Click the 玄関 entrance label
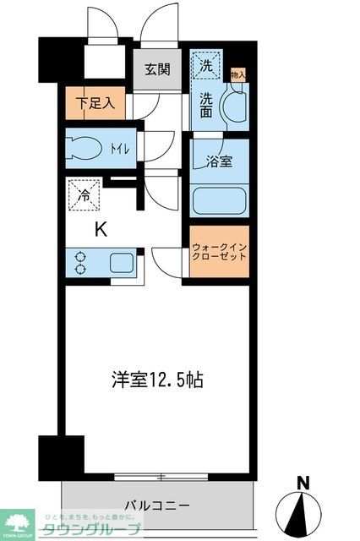point(157,69)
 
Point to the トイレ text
point(119,150)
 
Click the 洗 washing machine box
point(206,62)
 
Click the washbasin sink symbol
point(232,108)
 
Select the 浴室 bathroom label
point(220,161)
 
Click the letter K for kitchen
point(100,228)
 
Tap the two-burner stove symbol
point(81,262)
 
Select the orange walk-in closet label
point(219,254)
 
